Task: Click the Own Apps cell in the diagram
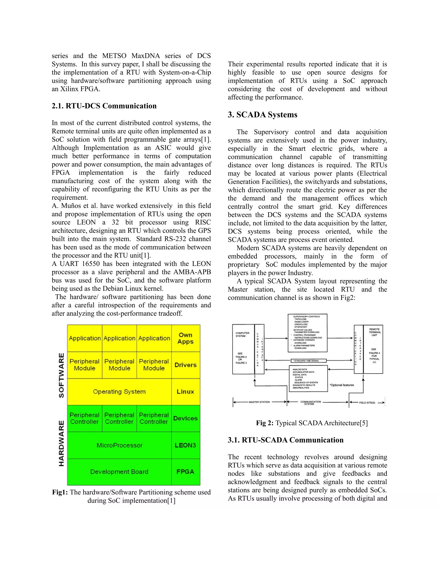point(185,338)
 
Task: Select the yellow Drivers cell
point(185,365)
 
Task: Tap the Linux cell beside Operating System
point(185,391)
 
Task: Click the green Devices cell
point(185,418)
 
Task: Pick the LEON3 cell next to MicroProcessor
point(185,445)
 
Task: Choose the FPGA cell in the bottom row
point(185,472)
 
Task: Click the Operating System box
point(119,391)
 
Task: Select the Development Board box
point(119,472)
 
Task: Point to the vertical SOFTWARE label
point(61,375)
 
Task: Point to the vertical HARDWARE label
point(61,443)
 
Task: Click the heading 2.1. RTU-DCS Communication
point(104,106)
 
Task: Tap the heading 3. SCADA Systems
point(262,115)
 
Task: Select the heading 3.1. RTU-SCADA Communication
point(286,440)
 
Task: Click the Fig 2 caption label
point(265,423)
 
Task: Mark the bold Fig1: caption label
point(60,492)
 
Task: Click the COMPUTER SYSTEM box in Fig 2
point(243,349)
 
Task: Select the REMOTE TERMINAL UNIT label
point(374,332)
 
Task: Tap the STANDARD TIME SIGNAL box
point(308,361)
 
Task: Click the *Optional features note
point(342,385)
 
